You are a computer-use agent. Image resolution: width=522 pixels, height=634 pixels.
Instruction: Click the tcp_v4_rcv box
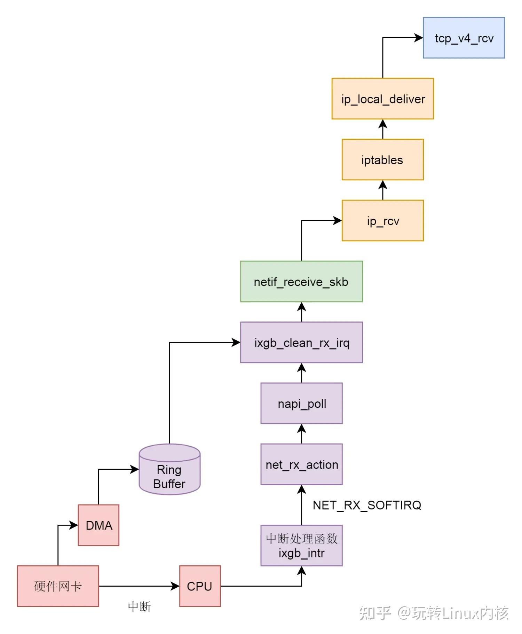[464, 38]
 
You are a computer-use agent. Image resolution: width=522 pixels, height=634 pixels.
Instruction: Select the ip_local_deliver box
[382, 99]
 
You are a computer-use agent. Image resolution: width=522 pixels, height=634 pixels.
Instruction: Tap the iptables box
[382, 160]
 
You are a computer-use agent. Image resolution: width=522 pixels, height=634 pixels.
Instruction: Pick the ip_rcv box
[382, 220]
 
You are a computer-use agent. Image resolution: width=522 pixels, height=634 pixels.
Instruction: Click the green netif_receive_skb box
[301, 281]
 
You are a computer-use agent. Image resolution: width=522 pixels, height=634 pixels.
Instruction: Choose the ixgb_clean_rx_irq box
[301, 343]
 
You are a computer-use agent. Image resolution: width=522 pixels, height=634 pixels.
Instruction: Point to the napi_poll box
[301, 404]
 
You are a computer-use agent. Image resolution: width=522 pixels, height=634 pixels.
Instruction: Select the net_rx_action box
[301, 464]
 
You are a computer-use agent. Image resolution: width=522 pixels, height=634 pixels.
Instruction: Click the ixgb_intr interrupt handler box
[301, 546]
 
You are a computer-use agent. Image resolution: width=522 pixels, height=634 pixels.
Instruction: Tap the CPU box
[200, 586]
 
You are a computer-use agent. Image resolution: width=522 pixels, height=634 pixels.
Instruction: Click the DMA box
[98, 525]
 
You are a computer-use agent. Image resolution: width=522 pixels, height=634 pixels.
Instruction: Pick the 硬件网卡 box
[58, 586]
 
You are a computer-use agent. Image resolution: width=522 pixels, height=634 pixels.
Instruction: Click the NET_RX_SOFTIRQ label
[367, 505]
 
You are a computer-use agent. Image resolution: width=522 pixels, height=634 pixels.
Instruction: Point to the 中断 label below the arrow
[139, 606]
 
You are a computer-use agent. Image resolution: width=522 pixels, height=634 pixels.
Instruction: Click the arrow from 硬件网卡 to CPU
[139, 586]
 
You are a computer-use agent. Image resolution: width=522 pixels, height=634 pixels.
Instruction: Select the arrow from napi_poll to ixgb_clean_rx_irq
[301, 373]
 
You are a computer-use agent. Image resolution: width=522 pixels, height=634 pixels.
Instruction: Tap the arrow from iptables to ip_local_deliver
[382, 129]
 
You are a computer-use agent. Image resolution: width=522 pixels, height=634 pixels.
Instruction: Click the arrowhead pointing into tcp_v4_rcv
[419, 38]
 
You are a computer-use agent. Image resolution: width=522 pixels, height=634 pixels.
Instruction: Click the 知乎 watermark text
[375, 613]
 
